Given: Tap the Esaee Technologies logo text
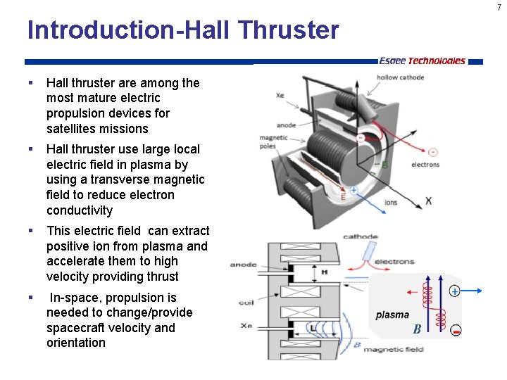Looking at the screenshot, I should tap(422, 61).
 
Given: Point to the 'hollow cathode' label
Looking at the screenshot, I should tap(400, 77).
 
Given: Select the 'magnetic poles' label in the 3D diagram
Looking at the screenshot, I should tap(273, 142).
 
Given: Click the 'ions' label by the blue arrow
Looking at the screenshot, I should tap(391, 203).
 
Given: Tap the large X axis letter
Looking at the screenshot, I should tap(429, 201).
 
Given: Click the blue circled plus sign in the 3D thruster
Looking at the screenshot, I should tap(353, 190).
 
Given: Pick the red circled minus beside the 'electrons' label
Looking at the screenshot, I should tap(432, 151).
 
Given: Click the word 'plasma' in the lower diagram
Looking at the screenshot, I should tap(392, 315).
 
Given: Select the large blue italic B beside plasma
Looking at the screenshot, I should tap(417, 329).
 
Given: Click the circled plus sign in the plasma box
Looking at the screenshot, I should tap(454, 291).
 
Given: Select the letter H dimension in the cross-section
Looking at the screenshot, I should tap(324, 272).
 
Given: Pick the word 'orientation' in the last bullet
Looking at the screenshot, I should tap(76, 343).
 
